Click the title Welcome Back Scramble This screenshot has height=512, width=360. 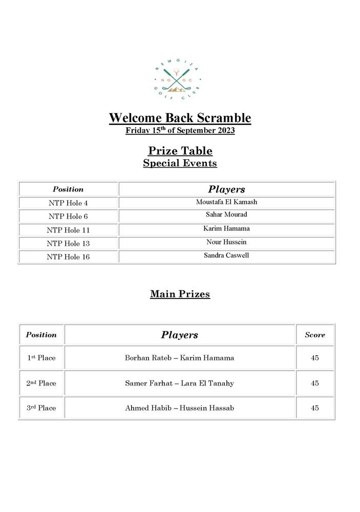click(180, 118)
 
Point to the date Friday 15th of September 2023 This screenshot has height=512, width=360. click(180, 130)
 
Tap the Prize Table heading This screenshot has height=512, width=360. click(180, 151)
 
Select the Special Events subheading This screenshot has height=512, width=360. click(180, 163)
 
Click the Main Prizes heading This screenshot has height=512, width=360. click(180, 294)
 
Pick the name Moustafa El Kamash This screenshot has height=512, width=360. click(226, 202)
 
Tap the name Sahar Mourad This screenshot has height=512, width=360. click(226, 215)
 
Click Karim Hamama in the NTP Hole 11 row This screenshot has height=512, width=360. click(226, 228)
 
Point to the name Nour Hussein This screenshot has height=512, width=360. click(226, 242)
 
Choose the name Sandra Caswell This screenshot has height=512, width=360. click(226, 255)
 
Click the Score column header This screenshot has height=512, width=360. click(315, 335)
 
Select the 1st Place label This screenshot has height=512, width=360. click(41, 358)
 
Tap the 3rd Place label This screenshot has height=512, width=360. click(41, 408)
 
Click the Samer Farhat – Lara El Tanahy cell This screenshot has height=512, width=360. click(179, 383)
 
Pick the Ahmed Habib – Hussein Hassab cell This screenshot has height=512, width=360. click(179, 408)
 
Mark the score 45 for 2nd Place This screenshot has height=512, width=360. click(315, 383)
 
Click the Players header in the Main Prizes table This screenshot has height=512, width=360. click(179, 335)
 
